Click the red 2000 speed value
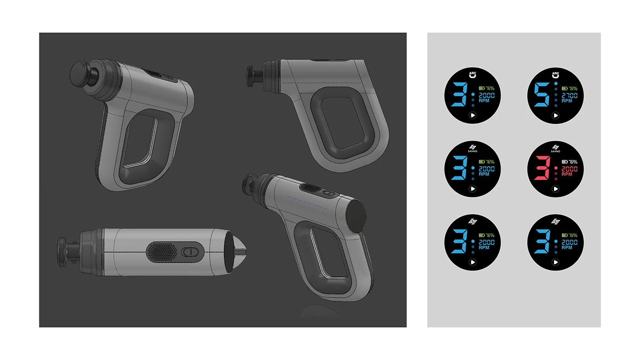(x=569, y=169)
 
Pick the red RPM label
(x=567, y=174)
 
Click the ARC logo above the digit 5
(x=555, y=74)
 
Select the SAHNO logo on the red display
(x=555, y=148)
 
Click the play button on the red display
(x=555, y=189)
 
